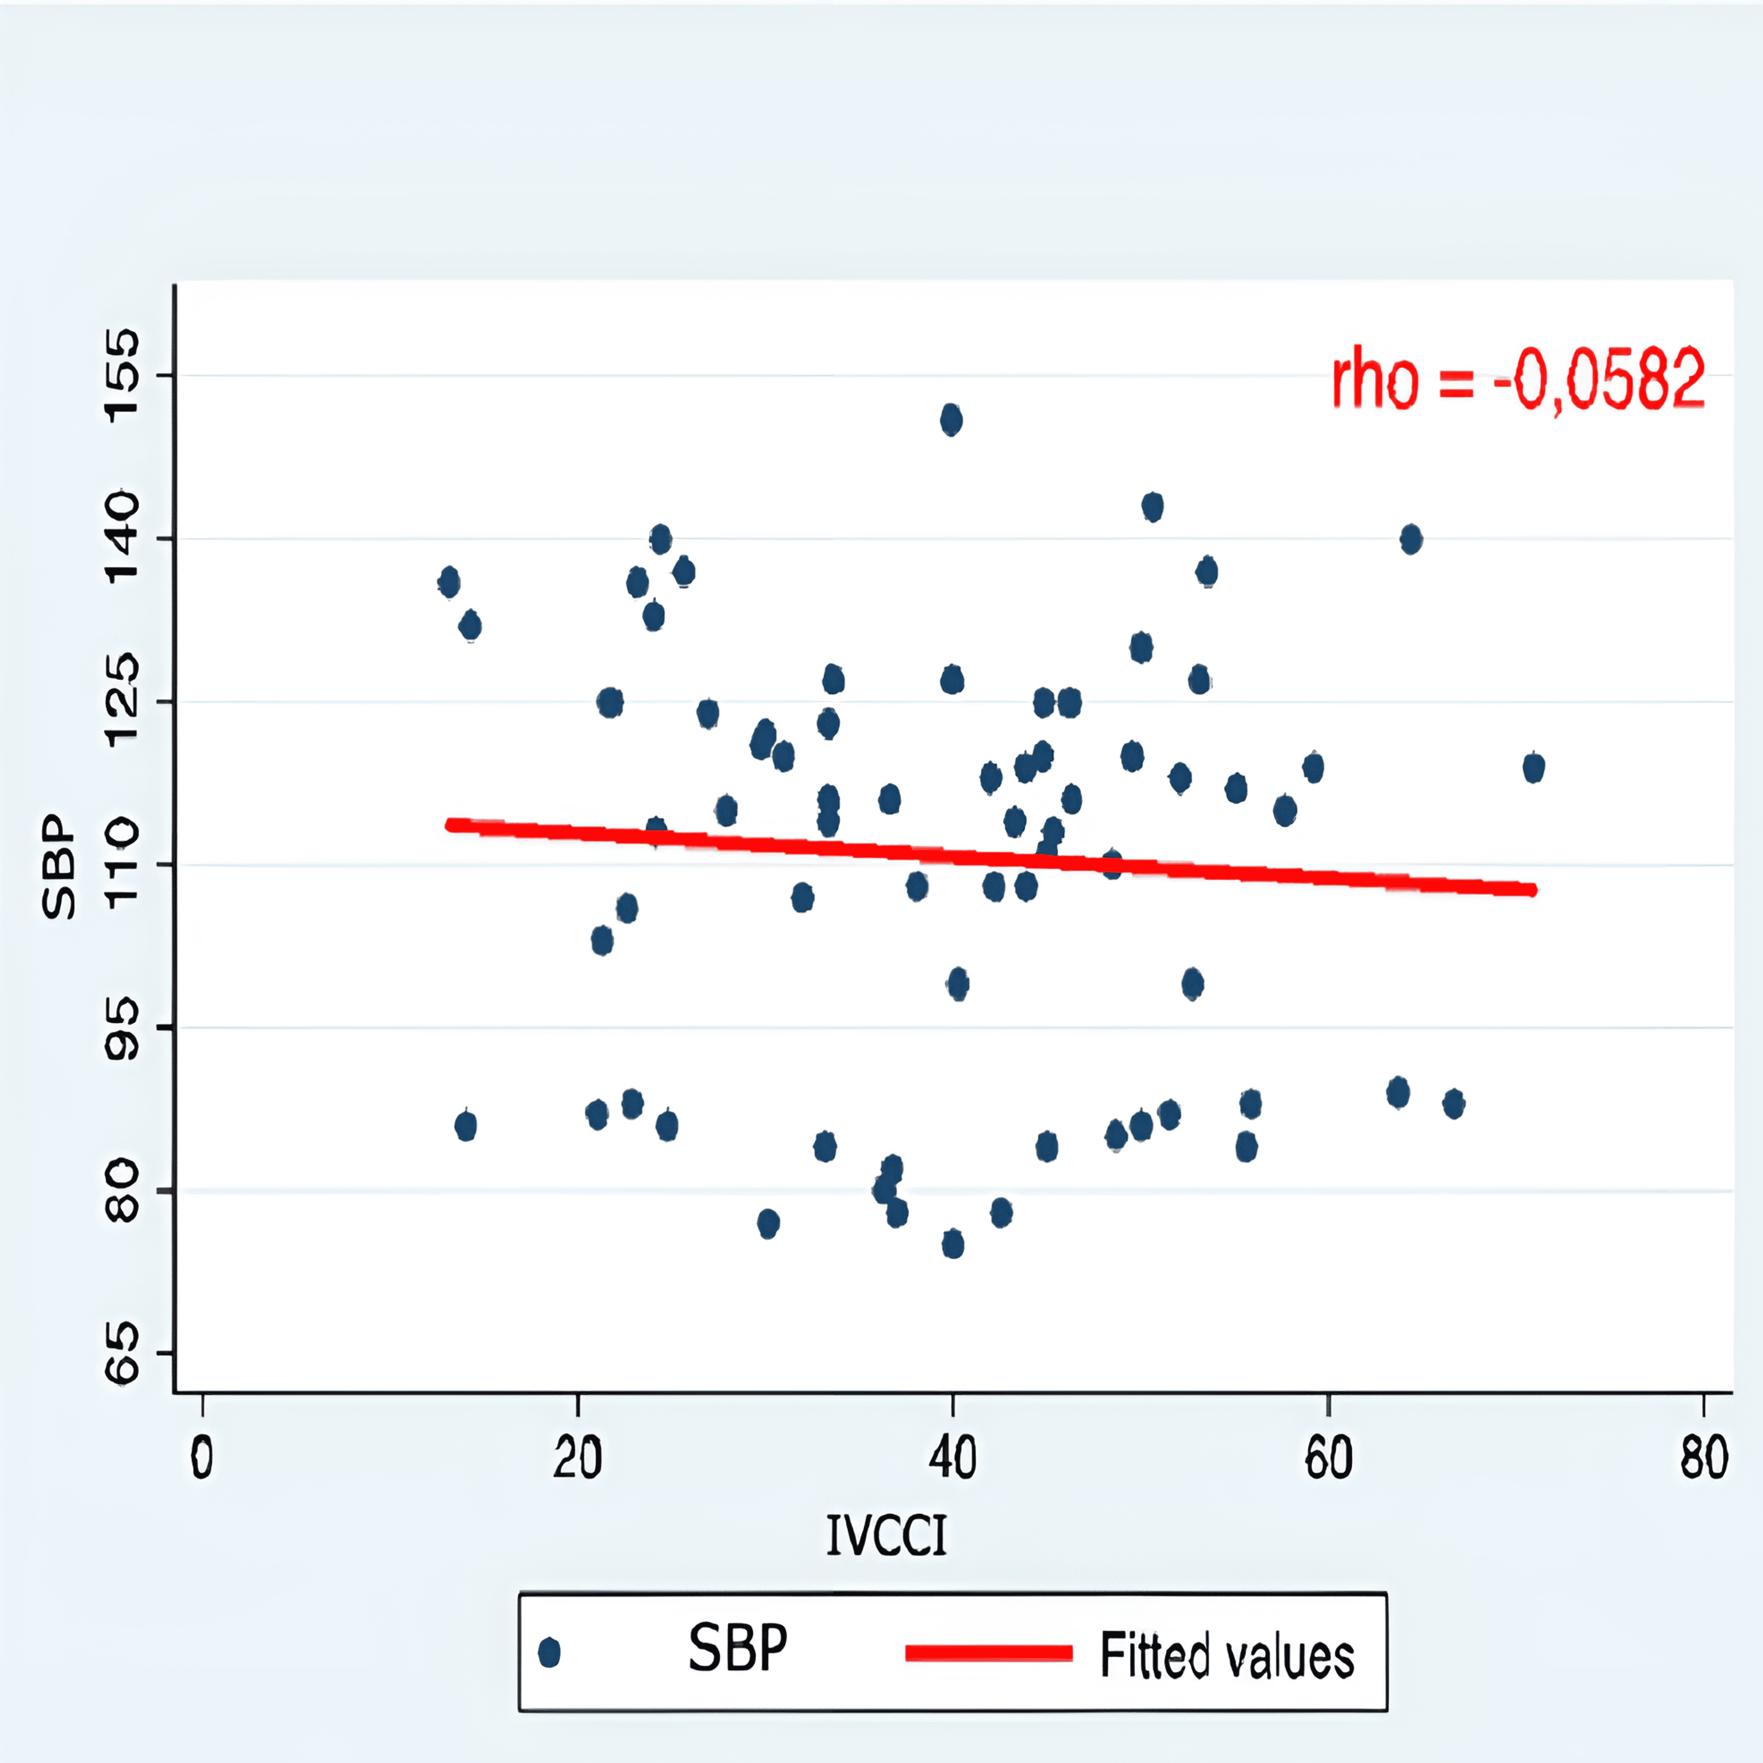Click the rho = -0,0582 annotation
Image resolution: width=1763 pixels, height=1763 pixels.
1517,378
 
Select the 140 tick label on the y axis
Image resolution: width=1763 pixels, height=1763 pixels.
122,538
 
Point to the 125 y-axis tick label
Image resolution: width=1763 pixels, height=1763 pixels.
122,701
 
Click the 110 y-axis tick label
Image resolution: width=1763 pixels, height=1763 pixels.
122,864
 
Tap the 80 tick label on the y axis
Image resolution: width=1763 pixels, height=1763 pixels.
122,1191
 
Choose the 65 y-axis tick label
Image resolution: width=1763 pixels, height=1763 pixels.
122,1353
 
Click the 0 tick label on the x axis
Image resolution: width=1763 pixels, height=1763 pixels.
202,1457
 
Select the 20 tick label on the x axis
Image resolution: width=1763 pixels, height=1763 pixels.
578,1457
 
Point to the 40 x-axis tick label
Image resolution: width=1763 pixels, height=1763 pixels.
953,1457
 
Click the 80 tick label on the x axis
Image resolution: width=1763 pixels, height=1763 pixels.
1704,1457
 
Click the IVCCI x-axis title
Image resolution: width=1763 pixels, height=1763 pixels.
886,1535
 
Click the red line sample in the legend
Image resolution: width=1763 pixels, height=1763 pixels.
988,1653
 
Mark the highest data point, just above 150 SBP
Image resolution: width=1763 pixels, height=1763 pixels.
951,420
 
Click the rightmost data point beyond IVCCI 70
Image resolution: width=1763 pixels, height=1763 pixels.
1534,767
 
